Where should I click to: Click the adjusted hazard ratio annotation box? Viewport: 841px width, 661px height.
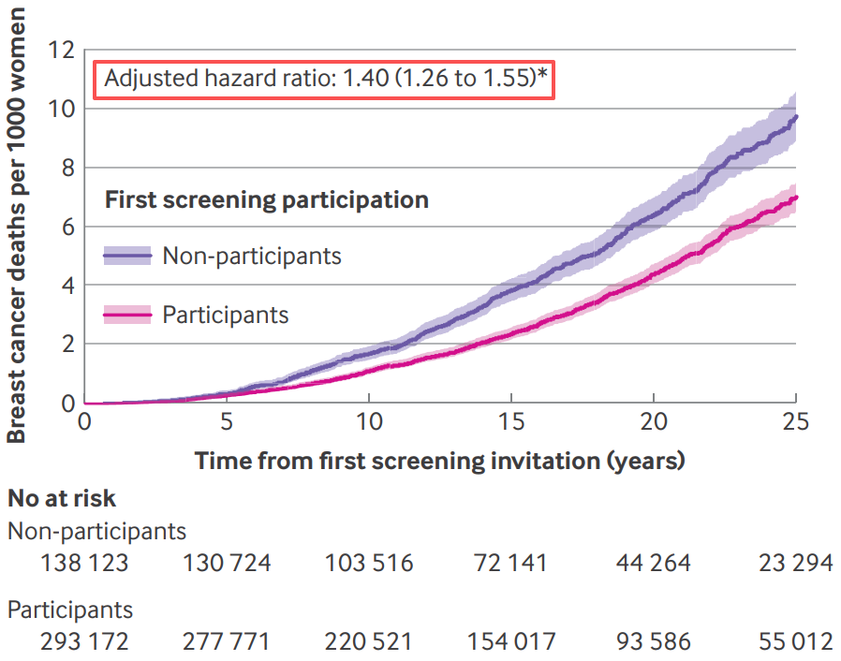coord(325,79)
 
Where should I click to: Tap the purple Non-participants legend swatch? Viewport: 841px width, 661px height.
coord(126,255)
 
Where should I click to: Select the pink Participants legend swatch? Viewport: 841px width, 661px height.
coord(126,315)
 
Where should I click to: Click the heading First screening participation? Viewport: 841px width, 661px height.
coord(267,199)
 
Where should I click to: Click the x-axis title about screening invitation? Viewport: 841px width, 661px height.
coord(440,461)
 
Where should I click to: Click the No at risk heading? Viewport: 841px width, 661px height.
coord(62,498)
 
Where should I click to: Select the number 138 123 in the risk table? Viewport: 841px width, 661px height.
coord(84,564)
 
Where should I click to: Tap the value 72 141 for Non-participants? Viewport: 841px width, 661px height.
coord(510,564)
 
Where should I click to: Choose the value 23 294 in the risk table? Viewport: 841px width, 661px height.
coord(796,564)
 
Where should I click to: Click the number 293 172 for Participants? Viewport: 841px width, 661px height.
coord(84,642)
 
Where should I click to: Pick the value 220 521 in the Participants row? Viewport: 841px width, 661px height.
coord(369,642)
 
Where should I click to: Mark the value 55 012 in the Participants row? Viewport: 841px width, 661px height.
coord(796,642)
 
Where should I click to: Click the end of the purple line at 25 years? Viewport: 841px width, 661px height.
coord(795,117)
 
